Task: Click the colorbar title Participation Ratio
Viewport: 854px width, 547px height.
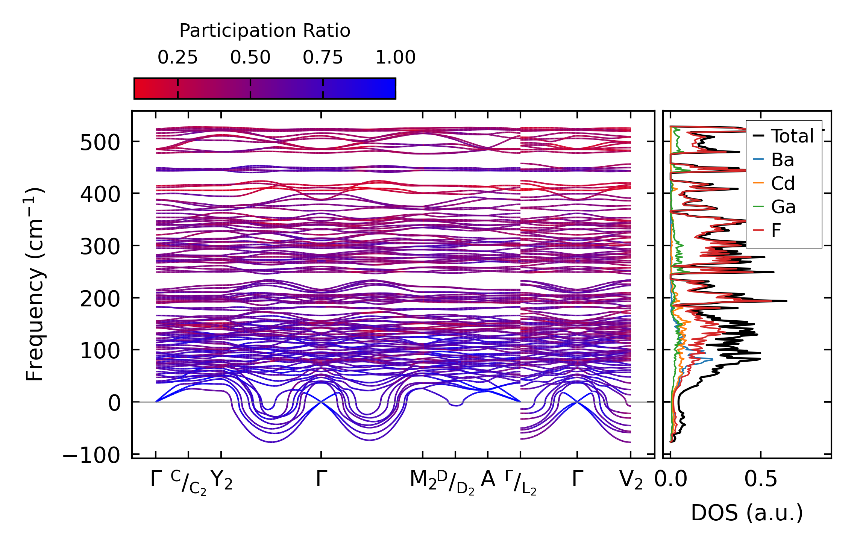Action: (265, 31)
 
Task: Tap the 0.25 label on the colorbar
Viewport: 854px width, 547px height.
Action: (177, 58)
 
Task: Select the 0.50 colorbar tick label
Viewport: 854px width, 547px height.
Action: (250, 58)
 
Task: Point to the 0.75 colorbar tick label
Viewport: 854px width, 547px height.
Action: (323, 58)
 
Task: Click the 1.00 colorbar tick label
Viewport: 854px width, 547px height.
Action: (396, 58)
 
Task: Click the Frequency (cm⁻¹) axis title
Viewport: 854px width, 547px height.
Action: (35, 284)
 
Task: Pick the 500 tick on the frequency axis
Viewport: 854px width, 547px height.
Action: (100, 143)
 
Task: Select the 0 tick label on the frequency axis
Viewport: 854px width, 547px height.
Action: (114, 403)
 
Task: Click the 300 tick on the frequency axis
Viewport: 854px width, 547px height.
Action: (100, 247)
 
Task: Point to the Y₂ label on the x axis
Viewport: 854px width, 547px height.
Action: (221, 480)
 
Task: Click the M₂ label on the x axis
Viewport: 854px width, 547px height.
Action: (423, 480)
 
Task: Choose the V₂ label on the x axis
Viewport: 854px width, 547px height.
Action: (631, 480)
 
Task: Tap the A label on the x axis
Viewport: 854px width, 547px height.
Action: (488, 479)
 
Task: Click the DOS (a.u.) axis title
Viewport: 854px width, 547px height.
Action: (747, 513)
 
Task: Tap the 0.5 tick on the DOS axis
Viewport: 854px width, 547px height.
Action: (760, 479)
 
